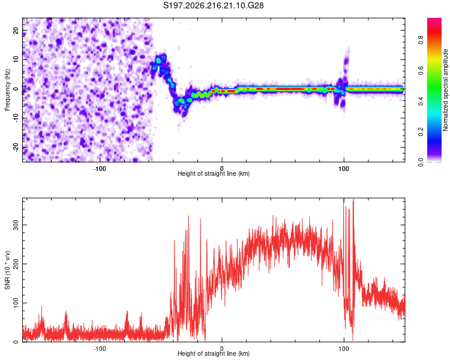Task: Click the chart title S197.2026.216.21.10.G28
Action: (x=213, y=5)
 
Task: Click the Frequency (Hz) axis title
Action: (x=7, y=89)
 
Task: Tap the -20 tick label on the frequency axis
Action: (x=16, y=147)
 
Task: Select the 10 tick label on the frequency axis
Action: (x=16, y=59)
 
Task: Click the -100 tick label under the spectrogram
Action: (x=99, y=169)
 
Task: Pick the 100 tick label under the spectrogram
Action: (x=344, y=169)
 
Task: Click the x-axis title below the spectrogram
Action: (x=214, y=173)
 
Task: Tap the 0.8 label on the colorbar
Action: (x=421, y=40)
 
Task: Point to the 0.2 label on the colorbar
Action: (x=421, y=132)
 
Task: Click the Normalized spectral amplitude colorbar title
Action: (x=445, y=89)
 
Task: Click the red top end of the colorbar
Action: (x=434, y=19)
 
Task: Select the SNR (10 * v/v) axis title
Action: (x=7, y=270)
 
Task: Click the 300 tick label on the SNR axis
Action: (x=16, y=225)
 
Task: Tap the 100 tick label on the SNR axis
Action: (x=16, y=303)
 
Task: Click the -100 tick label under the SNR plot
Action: (x=99, y=349)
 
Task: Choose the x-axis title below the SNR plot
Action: (x=214, y=353)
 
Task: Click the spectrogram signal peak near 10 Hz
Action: (x=158, y=61)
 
